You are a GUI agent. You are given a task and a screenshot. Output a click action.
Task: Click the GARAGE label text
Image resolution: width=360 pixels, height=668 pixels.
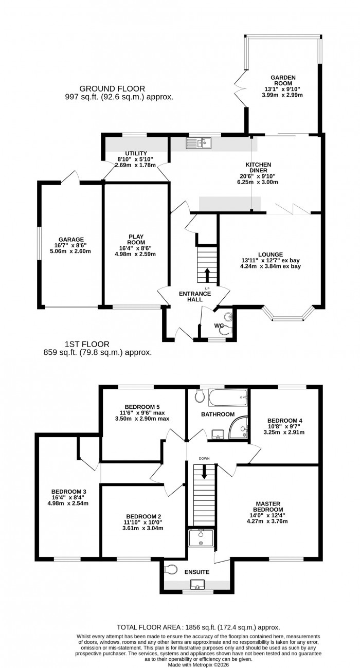click(x=71, y=239)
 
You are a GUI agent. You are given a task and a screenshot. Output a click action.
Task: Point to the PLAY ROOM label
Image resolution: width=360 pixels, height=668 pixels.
click(x=136, y=240)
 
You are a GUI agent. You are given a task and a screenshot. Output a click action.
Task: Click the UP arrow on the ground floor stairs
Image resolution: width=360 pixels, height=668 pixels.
click(x=207, y=274)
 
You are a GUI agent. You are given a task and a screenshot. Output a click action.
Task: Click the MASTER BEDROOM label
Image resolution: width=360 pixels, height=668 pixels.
click(x=276, y=506)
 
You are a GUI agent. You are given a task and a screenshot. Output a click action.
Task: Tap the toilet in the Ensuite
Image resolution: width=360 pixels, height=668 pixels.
click(x=171, y=570)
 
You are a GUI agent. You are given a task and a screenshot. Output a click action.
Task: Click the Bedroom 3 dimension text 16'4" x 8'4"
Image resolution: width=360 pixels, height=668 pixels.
click(x=68, y=497)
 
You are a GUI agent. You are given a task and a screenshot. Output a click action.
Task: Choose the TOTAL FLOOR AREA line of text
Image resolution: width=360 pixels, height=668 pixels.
click(x=198, y=627)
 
